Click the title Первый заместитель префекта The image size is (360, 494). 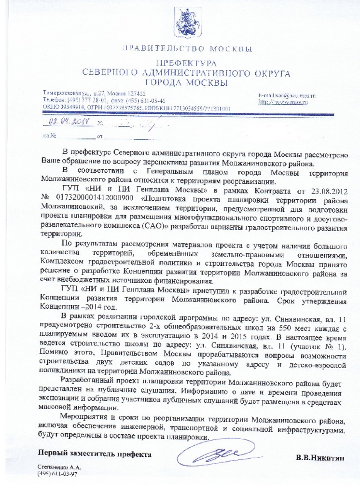pyautogui.click(x=95, y=454)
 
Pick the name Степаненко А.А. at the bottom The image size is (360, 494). pyautogui.click(x=59, y=468)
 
